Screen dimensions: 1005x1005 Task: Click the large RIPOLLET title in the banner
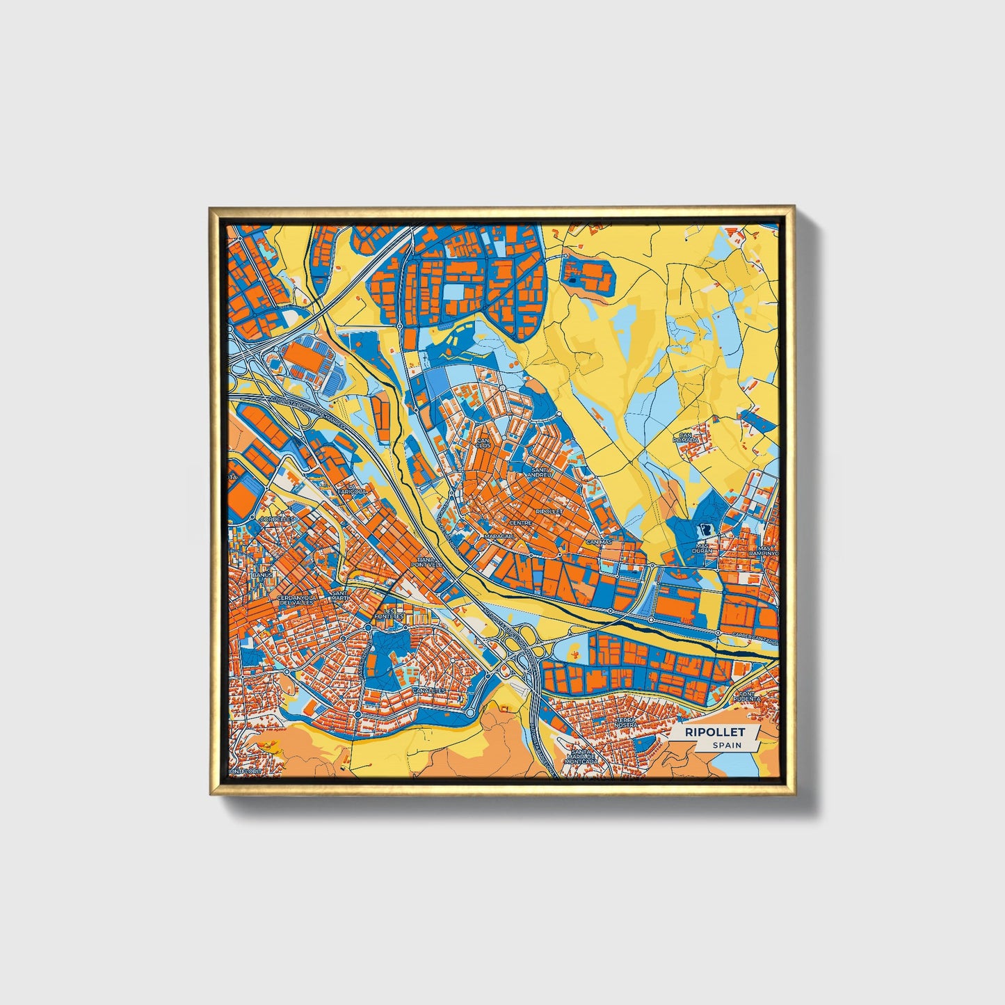[x=714, y=732]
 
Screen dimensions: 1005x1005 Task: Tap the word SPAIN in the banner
[x=726, y=745]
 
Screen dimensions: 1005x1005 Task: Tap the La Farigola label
[x=352, y=491]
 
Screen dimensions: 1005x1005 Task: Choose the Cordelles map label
[x=276, y=519]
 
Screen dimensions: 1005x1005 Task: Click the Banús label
[x=262, y=576]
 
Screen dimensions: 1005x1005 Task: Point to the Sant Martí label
[x=339, y=596]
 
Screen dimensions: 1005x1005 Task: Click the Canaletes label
[x=428, y=691]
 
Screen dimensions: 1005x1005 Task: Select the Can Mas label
[x=599, y=541]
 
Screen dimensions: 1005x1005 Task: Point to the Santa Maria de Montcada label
[x=582, y=757]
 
